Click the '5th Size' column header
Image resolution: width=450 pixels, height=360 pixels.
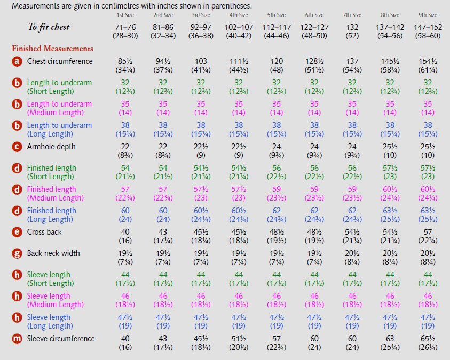click(276, 15)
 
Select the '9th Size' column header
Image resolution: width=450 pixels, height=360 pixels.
click(428, 15)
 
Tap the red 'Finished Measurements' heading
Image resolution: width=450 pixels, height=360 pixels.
click(52, 49)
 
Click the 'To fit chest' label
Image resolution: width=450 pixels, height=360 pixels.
click(49, 27)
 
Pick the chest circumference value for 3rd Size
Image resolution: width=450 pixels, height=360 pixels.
click(201, 66)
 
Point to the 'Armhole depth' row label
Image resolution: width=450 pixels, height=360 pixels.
click(51, 147)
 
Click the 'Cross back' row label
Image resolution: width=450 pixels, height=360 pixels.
click(44, 232)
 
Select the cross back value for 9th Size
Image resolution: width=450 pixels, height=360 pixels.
click(428, 236)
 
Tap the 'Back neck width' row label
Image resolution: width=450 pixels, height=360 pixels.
click(53, 253)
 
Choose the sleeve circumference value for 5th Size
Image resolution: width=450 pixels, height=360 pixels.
click(276, 343)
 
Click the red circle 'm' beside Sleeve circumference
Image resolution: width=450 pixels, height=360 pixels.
click(17, 339)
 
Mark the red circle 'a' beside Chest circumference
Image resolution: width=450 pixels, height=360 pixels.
click(17, 61)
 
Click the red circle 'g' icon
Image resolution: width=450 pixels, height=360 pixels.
click(17, 253)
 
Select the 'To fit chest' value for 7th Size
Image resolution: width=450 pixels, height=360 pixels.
click(352, 31)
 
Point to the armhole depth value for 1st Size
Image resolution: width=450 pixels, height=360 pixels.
click(125, 151)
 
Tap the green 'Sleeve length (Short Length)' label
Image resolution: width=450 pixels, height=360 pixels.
click(50, 279)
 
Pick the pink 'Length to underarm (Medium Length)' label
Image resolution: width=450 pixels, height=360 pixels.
click(59, 108)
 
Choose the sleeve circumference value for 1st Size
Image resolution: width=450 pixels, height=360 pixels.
click(125, 343)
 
